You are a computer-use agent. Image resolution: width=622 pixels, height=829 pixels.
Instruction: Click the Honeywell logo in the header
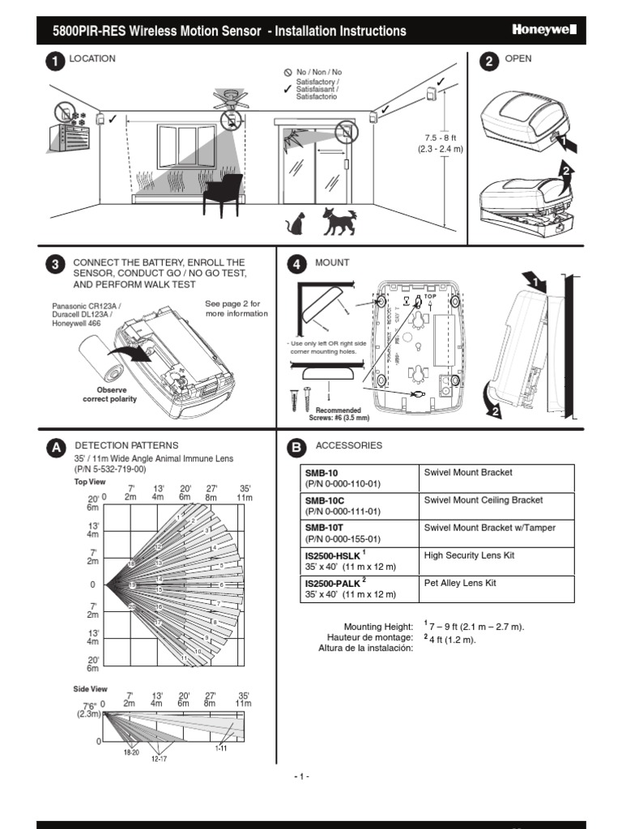click(x=543, y=31)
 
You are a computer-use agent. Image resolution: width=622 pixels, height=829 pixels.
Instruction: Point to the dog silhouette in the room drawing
click(x=339, y=221)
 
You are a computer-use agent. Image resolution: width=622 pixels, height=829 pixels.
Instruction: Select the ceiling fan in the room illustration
click(x=231, y=100)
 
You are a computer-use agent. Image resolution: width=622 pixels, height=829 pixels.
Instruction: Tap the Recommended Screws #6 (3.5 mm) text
click(x=339, y=414)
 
